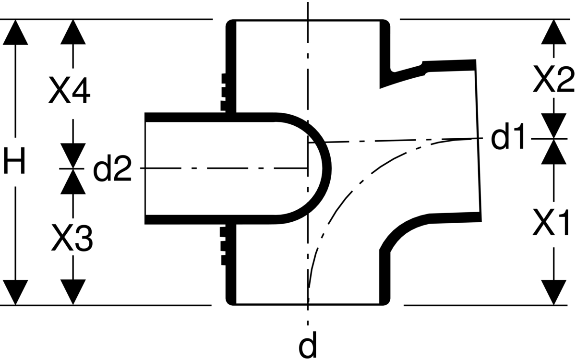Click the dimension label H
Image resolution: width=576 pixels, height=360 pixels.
point(15,161)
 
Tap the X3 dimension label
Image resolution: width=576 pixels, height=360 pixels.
point(72,238)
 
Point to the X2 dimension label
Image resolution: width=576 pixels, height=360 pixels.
point(553,79)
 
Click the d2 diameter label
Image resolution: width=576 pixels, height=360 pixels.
point(112,168)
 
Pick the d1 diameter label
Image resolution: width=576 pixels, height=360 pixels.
point(507,136)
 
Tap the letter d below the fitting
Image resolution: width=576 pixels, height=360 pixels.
point(308,345)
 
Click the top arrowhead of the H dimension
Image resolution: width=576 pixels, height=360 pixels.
point(15,32)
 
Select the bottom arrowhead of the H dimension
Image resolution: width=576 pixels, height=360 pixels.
point(15,292)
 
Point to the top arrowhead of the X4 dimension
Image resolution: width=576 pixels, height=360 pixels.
point(73,32)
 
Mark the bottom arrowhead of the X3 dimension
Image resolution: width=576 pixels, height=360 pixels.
point(73,292)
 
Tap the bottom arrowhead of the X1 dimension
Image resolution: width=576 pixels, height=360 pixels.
point(553,292)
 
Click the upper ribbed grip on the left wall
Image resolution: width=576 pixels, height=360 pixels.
point(223,93)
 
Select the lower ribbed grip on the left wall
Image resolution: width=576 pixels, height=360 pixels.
point(223,246)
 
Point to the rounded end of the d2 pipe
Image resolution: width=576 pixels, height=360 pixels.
point(326,168)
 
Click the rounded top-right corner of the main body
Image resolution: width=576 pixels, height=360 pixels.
point(386,24)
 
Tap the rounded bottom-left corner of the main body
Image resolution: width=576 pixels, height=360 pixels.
point(230,301)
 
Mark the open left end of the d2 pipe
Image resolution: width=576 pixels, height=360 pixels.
point(145,168)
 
